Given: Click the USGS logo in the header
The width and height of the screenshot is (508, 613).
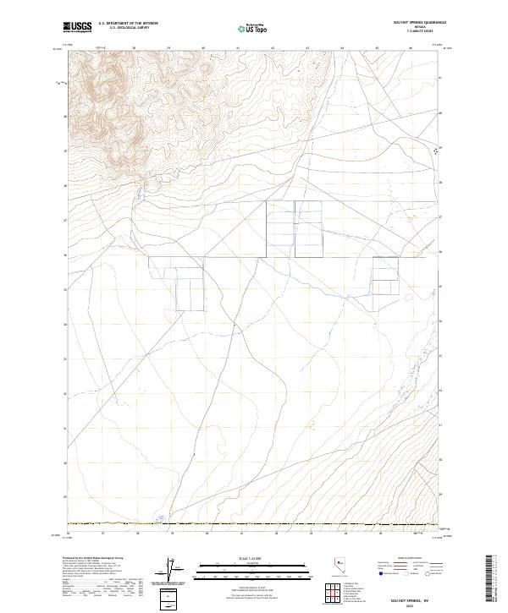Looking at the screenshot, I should point(77,27).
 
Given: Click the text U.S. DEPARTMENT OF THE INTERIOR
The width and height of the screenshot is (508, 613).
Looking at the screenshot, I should point(128,24).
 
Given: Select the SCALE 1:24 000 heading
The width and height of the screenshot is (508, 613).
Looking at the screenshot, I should point(252,560).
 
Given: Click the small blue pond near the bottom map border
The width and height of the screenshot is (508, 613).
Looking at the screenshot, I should point(159,519).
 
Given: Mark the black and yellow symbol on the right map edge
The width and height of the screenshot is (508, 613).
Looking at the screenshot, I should point(436,151).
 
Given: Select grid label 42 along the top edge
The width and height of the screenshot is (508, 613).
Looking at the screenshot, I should point(273,48).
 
